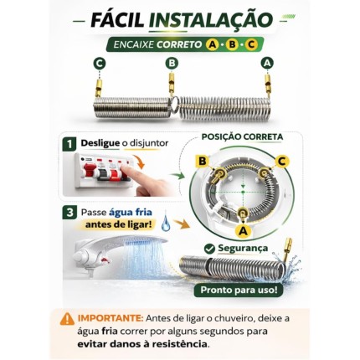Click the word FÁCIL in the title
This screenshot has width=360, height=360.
click(x=117, y=19)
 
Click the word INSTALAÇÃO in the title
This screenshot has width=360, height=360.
click(x=210, y=19)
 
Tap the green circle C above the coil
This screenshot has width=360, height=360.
click(x=100, y=64)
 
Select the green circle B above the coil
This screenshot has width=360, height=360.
click(x=172, y=64)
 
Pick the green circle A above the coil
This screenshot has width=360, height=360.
click(x=267, y=64)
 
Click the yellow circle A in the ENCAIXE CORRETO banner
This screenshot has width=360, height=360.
click(x=212, y=44)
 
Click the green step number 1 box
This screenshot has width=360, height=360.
click(x=69, y=144)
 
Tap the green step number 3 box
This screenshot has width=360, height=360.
click(x=69, y=213)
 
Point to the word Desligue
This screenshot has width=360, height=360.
click(x=100, y=143)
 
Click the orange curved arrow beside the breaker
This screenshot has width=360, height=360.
click(x=139, y=162)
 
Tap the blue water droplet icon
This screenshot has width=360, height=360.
click(x=166, y=223)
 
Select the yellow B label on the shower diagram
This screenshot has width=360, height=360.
click(x=203, y=162)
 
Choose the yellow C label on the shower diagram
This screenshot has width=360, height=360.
click(x=282, y=162)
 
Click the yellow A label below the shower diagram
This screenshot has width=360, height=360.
click(x=243, y=231)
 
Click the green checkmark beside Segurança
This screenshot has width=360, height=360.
click(x=209, y=249)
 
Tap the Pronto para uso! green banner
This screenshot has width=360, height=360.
click(x=239, y=290)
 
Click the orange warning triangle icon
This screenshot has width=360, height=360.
click(x=67, y=319)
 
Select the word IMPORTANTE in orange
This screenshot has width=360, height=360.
click(x=111, y=318)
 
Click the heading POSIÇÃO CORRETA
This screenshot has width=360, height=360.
click(x=242, y=137)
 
